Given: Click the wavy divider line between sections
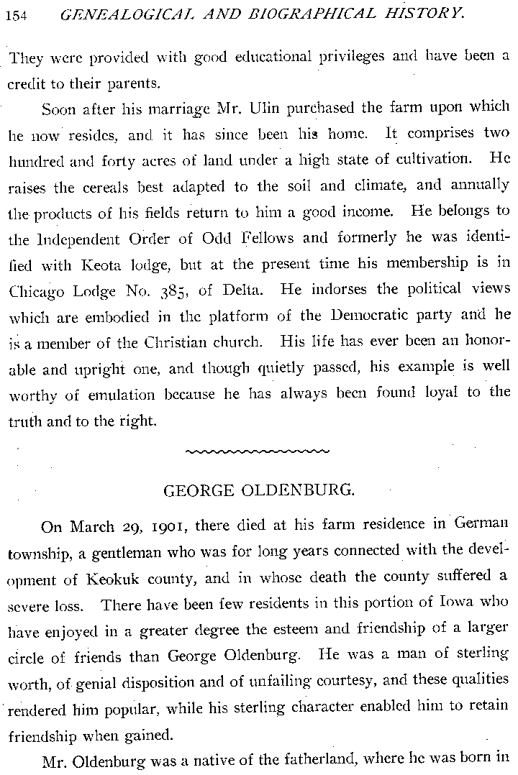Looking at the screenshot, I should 258,451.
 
